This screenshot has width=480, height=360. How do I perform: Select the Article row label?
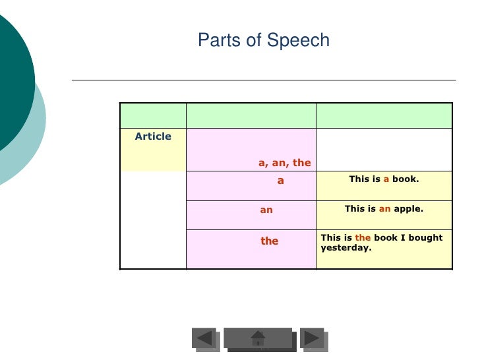tap(153, 136)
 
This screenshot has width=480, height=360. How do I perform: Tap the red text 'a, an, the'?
tap(284, 162)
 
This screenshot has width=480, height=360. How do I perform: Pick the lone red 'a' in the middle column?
tap(280, 179)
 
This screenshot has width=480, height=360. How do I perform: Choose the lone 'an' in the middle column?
tap(266, 210)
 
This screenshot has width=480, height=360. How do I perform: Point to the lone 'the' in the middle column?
tap(269, 241)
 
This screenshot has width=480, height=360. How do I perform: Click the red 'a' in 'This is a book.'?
tap(386, 179)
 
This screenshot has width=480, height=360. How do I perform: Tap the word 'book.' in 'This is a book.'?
tap(405, 179)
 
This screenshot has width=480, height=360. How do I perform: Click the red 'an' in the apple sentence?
tap(384, 208)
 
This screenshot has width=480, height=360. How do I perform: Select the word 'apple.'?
tap(408, 208)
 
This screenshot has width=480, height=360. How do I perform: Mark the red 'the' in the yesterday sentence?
tap(363, 237)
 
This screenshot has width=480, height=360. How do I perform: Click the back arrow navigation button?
tap(205, 338)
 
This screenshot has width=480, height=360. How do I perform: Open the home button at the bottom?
tap(258, 338)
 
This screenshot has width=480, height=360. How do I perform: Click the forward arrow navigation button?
tap(312, 338)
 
